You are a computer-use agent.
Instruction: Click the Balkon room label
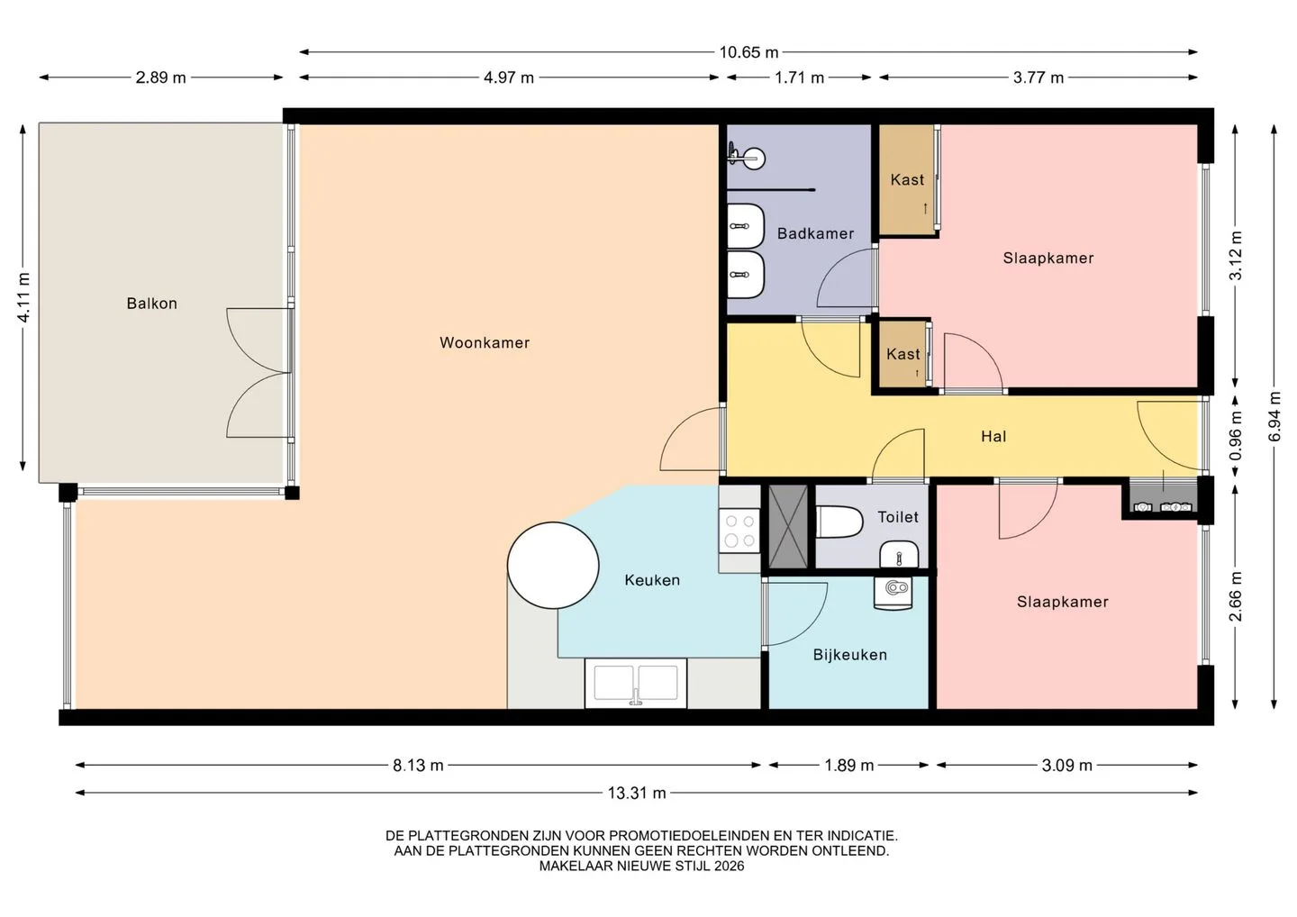coord(151,304)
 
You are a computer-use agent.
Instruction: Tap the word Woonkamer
coord(485,342)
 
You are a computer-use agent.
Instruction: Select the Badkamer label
coord(815,233)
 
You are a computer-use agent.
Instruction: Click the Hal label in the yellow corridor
coord(993,437)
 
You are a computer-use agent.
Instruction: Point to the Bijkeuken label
coord(850,655)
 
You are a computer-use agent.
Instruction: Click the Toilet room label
coord(898,516)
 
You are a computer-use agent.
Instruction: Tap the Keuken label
coord(652,580)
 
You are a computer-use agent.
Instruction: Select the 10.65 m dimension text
coord(748,52)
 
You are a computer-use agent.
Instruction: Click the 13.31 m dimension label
coord(636,793)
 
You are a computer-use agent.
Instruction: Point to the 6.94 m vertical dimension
coord(1274,417)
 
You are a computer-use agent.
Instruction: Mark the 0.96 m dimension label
coord(1235,435)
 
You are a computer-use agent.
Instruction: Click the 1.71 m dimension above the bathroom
coord(799,77)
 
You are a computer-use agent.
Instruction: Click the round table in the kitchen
coord(553,566)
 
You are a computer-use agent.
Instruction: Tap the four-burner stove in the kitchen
coord(739,531)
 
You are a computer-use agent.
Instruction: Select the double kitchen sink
coord(636,683)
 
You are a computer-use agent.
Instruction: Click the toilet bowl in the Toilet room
coord(839,522)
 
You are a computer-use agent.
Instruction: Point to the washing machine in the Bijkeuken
coord(893,594)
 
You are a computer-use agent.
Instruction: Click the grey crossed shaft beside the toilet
coord(787,527)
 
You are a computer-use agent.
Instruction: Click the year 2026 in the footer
coord(729,866)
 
